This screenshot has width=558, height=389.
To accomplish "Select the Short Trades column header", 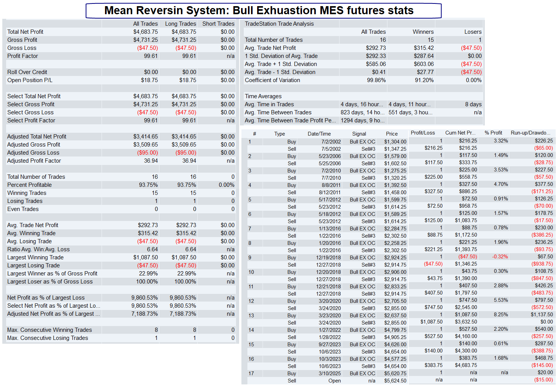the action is [x=218, y=24].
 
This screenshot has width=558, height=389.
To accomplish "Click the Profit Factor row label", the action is [x=22, y=56].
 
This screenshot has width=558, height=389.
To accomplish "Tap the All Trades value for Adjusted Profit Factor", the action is [x=151, y=161].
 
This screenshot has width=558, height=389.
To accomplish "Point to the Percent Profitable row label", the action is [x=30, y=185].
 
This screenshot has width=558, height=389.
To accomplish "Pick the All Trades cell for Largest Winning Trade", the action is [x=146, y=257].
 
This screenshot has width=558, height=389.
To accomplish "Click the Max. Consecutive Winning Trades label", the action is [x=49, y=330].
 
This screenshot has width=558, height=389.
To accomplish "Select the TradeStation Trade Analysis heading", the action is [x=279, y=24].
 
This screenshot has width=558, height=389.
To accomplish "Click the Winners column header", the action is [x=423, y=32].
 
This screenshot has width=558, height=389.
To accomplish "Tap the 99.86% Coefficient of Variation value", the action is [x=376, y=80].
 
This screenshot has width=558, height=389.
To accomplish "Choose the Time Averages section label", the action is [x=263, y=96].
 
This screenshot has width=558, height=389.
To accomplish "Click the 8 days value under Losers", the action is [x=473, y=104].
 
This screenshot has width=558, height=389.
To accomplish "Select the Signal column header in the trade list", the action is [x=359, y=134].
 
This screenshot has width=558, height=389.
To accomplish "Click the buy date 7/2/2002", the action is [x=331, y=142].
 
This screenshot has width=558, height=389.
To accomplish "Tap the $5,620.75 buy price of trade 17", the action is [x=395, y=373].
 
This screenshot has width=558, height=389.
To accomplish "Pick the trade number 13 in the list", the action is [x=251, y=315].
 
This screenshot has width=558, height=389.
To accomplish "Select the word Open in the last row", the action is [x=334, y=381].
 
